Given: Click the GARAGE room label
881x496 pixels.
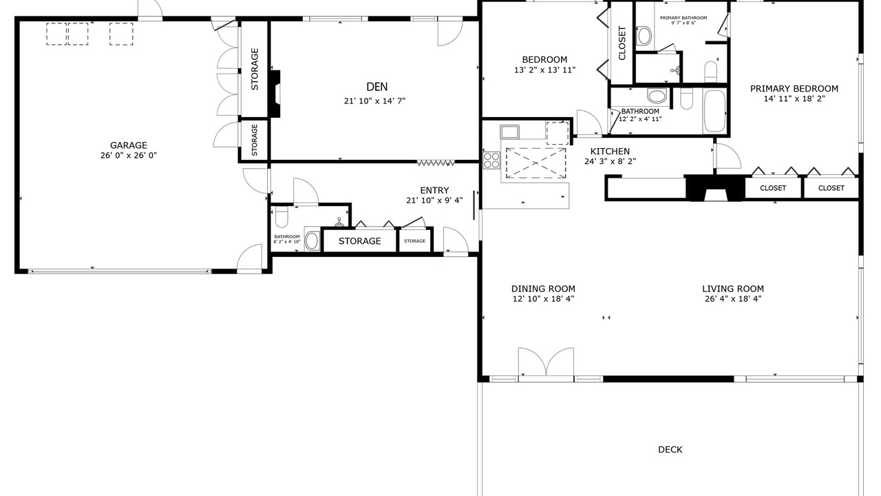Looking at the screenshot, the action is tap(129, 145).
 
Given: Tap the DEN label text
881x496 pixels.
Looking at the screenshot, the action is tap(376, 87).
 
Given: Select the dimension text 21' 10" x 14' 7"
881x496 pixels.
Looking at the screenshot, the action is tap(375, 101).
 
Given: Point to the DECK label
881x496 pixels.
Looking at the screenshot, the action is tap(670, 450).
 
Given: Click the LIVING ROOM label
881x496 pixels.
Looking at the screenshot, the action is tap(733, 289).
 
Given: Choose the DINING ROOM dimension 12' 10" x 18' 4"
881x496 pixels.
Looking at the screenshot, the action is tap(543, 299).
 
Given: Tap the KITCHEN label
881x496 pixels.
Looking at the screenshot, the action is tap(610, 152).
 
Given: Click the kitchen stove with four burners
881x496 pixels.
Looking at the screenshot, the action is tap(491, 161).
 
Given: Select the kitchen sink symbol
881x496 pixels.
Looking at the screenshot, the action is tap(510, 132).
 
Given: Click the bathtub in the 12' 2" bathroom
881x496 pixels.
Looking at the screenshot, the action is tap(714, 111).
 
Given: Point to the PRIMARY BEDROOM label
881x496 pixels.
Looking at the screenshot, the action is tap(794, 89).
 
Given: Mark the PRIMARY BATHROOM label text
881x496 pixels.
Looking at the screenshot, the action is tap(683, 18).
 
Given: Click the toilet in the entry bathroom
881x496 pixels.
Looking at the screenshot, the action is tap(282, 218).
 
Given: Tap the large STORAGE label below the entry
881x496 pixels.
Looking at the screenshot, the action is tap(359, 241).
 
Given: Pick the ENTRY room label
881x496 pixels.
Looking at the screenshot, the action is tap(434, 191).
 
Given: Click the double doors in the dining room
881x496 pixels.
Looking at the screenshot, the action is tap(546, 362).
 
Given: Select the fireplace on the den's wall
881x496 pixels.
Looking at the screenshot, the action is tap(275, 94).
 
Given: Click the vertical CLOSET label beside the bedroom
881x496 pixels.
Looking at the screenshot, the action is tap(622, 43).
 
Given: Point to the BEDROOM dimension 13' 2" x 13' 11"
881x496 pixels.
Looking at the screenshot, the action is tap(544, 70).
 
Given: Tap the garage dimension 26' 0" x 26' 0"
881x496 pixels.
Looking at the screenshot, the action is tap(129, 156).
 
